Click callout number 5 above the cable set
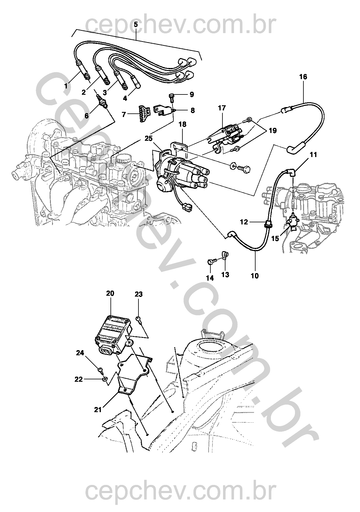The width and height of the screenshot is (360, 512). coord(136,25)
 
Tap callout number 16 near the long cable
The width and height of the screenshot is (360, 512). coord(303,77)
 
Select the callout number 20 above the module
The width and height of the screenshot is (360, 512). coord(110,293)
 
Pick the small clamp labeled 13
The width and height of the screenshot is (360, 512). coord(225,255)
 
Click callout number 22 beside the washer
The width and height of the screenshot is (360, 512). coord(78,379)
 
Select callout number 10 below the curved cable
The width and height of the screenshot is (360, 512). coord(255,275)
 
